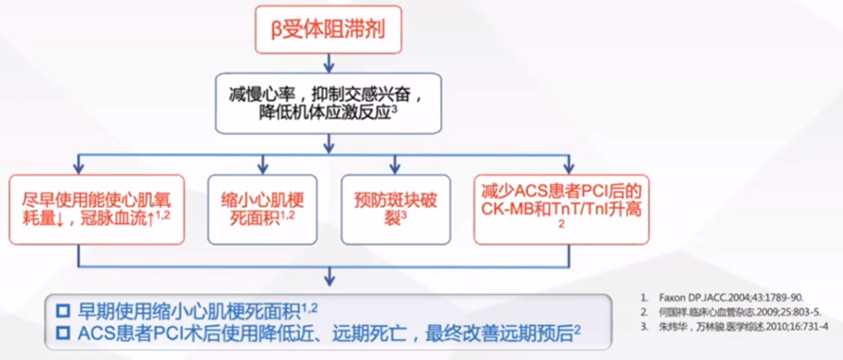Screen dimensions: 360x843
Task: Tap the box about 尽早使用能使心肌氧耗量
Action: (x=96, y=208)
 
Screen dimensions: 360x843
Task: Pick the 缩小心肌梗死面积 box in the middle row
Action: (x=262, y=208)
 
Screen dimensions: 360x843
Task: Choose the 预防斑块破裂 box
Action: (x=395, y=208)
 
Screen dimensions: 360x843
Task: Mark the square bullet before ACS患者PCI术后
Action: (x=63, y=334)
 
